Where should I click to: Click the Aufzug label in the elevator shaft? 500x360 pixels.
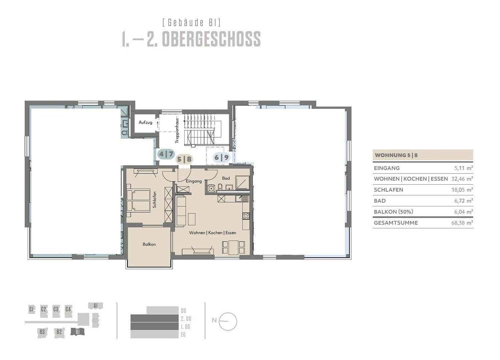pos(145,122)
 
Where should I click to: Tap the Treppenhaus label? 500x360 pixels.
pos(177,130)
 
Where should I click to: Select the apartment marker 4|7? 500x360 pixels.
pos(166,154)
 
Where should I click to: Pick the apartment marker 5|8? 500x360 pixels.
pos(184,159)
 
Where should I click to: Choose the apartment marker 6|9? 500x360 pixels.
pos(221,157)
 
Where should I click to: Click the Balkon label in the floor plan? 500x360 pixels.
pos(149,244)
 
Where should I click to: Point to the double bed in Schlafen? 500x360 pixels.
pos(138,201)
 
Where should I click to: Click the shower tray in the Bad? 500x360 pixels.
pos(242,182)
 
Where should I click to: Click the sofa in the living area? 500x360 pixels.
pos(181,211)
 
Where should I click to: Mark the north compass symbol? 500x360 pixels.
pos(228,321)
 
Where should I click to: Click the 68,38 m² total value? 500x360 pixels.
pos(462,223)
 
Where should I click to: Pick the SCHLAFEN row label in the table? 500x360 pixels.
pos(389,190)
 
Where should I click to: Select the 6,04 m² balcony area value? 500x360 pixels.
pos(463,212)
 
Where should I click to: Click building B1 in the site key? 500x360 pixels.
pos(77,332)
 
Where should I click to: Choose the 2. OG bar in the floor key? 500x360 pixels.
pos(154,319)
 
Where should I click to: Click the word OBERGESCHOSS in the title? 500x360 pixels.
pos(211,39)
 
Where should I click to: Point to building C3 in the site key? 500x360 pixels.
pos(56,309)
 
